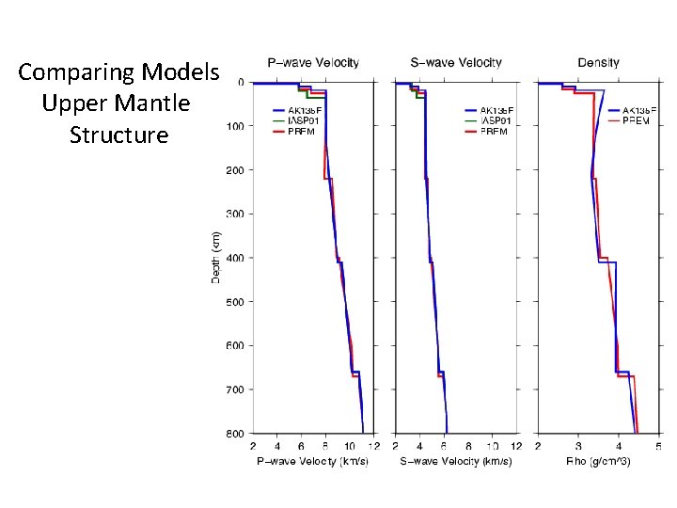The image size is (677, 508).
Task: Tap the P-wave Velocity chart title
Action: [313, 63]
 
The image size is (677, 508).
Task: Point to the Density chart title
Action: [598, 63]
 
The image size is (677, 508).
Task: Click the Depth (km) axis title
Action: [215, 257]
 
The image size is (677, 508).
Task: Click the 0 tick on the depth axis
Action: [241, 83]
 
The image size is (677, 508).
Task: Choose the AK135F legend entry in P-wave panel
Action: [304, 110]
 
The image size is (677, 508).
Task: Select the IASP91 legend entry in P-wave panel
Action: [304, 120]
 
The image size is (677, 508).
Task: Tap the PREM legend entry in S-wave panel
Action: [494, 132]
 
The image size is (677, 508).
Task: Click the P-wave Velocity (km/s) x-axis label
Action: [313, 461]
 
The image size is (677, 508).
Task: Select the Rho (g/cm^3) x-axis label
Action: [598, 461]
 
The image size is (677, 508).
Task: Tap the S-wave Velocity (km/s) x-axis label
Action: [457, 461]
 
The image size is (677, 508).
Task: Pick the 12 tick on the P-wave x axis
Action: [373, 446]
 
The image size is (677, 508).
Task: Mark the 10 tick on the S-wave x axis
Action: [493, 446]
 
